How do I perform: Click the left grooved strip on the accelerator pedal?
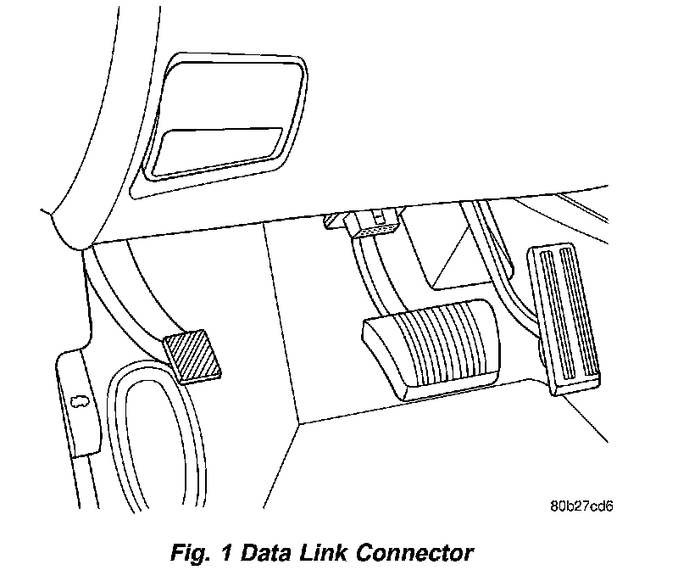click(x=551, y=314)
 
